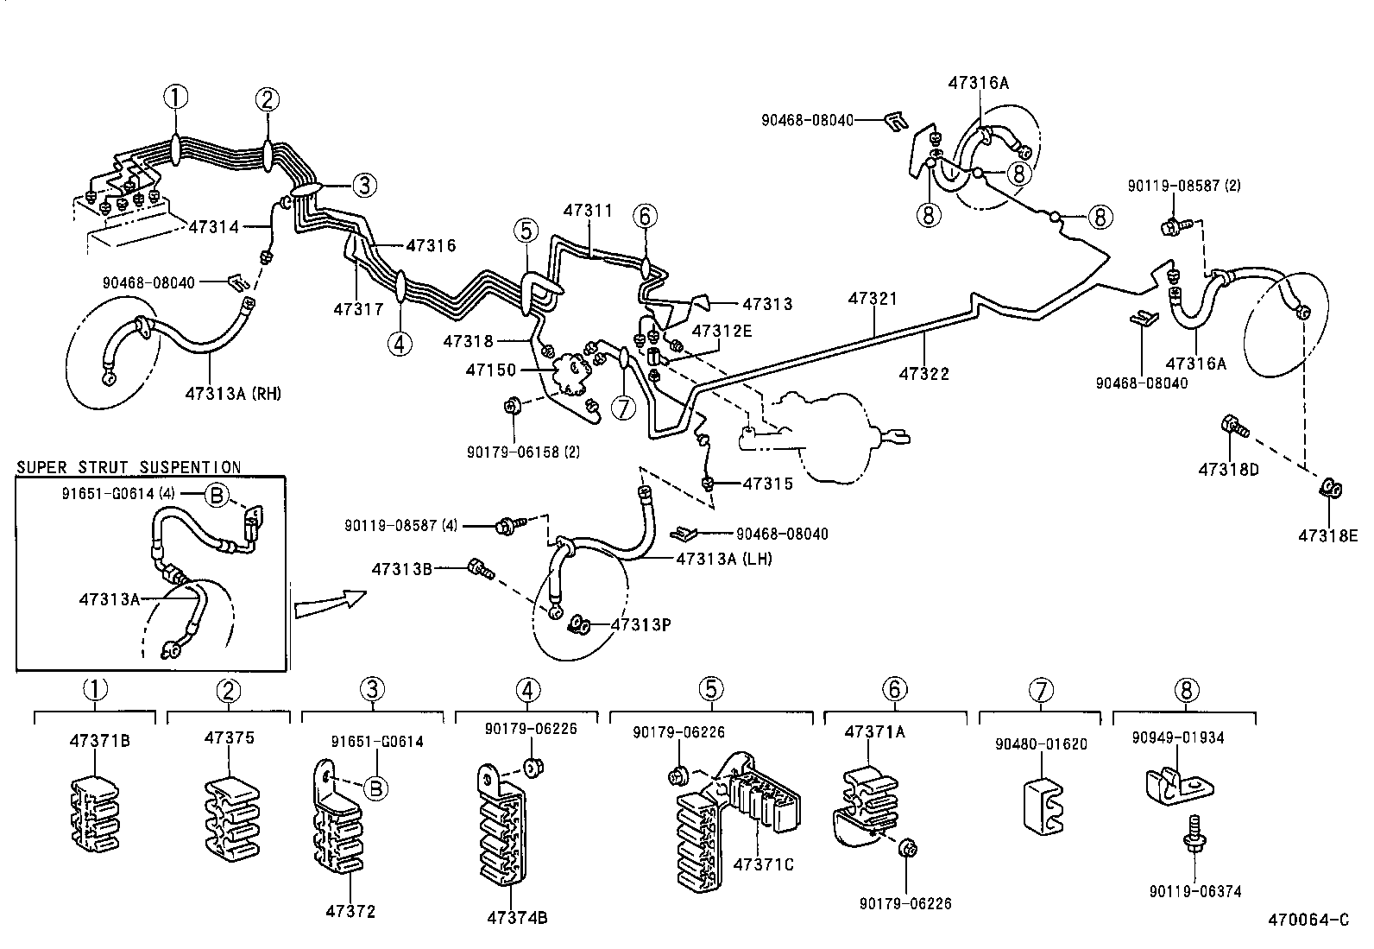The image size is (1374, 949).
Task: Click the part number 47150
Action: (491, 370)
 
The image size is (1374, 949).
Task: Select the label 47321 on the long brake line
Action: (873, 299)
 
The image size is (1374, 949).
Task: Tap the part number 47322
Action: (923, 373)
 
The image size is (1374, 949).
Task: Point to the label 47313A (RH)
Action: (233, 394)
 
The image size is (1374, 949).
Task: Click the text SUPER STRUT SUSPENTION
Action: (129, 467)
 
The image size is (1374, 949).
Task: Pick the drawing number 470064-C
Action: (1308, 920)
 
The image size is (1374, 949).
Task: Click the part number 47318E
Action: (1328, 536)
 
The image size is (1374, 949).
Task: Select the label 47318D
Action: (1228, 470)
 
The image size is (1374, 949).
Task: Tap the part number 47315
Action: (768, 484)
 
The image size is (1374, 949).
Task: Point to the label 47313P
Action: (641, 625)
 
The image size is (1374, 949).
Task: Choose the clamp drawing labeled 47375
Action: (231, 819)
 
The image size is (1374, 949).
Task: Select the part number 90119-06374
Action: (1194, 891)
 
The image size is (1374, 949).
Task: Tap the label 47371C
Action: (763, 864)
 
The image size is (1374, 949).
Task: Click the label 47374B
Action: (517, 918)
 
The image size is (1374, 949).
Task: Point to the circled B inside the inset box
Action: (216, 495)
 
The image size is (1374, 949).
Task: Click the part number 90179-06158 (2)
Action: (523, 452)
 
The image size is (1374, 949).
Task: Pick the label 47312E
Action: (722, 331)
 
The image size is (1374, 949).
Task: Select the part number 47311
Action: (588, 211)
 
